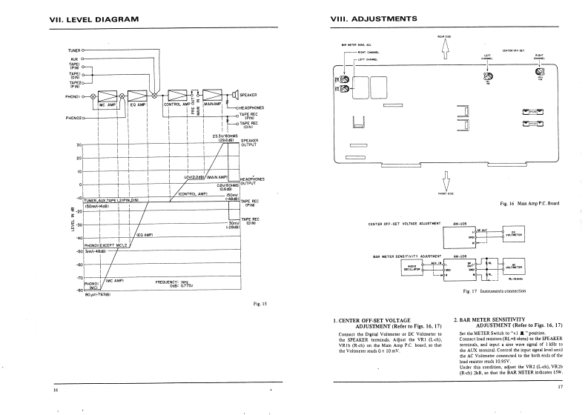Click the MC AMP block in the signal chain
click(108, 96)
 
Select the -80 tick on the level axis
click(76, 290)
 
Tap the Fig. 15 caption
click(259, 304)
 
